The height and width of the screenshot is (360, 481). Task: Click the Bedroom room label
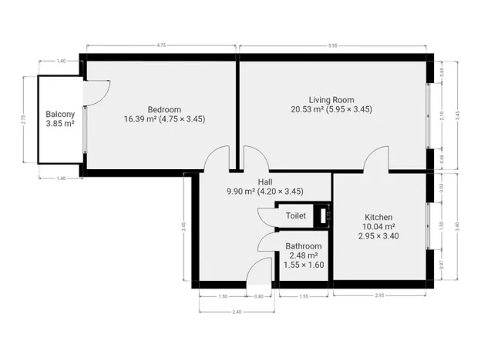pos(165,108)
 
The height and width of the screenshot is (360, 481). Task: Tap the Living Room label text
pos(331,99)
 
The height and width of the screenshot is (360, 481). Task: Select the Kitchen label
pos(378,217)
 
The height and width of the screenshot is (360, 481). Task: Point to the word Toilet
pos(296,216)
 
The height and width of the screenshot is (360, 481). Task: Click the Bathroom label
pos(304,246)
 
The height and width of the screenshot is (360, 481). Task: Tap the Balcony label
pos(59,113)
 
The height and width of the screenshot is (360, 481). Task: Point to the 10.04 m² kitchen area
pos(378,227)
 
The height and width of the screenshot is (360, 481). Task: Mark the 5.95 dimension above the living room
pos(332,46)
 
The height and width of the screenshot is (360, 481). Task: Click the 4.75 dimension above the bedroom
pos(161,46)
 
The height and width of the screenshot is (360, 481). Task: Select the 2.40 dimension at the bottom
pos(237,312)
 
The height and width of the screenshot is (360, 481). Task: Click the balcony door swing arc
pos(93,92)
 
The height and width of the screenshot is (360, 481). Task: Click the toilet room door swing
pos(267,218)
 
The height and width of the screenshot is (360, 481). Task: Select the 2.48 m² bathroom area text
pos(303,255)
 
